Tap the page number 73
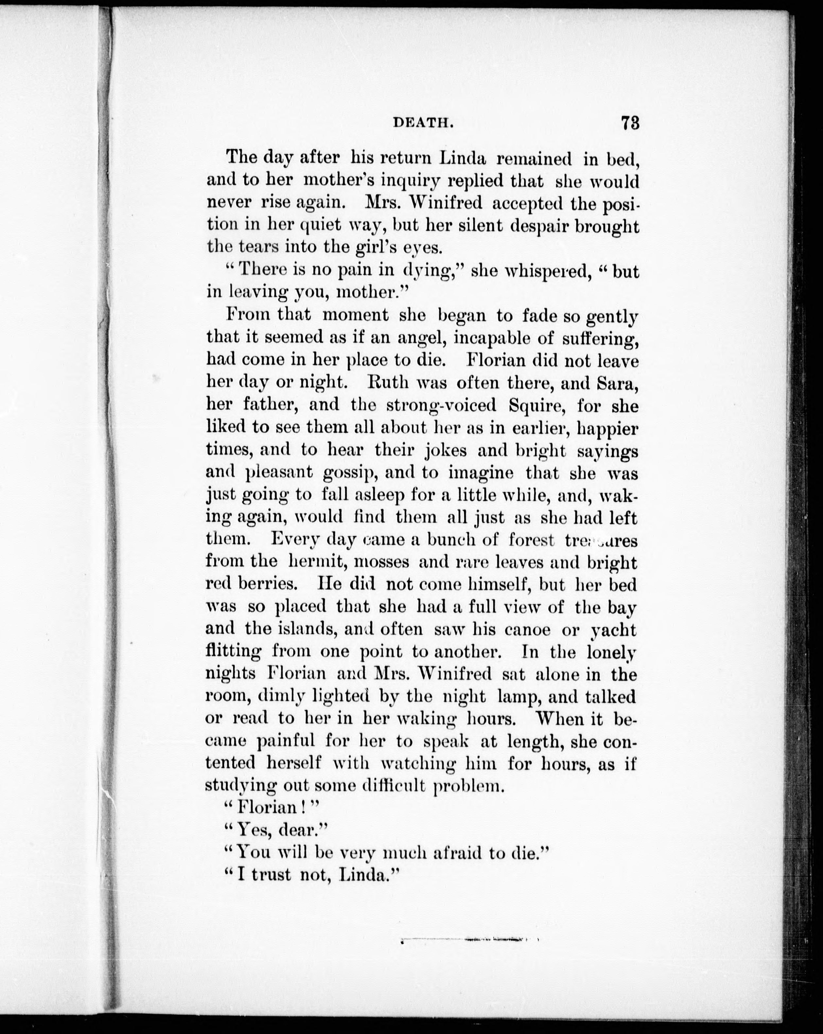pos(630,122)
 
